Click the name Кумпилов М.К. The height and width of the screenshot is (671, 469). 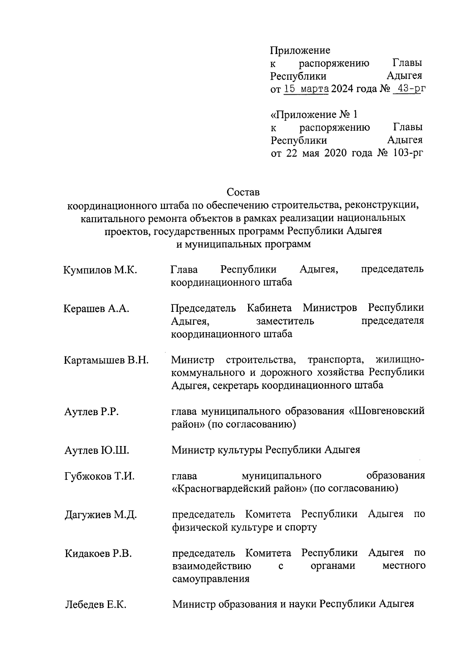pos(100,270)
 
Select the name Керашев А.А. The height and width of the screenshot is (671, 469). pos(96,309)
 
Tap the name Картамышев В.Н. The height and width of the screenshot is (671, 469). pos(106,360)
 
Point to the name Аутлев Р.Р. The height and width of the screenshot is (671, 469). pos(91,412)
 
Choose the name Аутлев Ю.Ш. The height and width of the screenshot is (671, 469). pos(97,450)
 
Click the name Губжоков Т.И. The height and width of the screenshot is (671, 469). pos(99,477)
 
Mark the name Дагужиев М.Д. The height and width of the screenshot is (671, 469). pos(100,515)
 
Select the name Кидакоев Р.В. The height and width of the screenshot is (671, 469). pos(98,554)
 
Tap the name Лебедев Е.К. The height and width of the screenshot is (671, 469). pos(95,605)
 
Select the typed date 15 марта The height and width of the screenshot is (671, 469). pos(306,89)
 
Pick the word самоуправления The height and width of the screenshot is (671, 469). pos(211,579)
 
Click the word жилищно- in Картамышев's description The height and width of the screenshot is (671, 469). pos(399,360)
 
